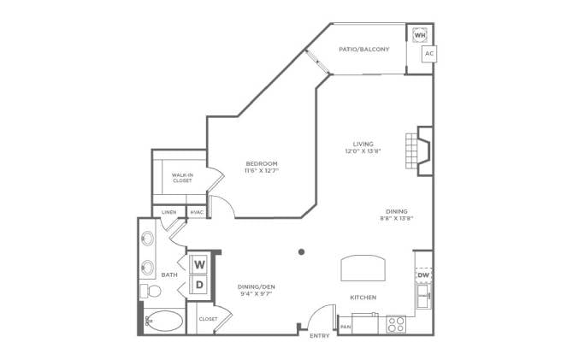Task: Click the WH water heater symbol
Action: tap(420, 35)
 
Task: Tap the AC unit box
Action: tap(429, 54)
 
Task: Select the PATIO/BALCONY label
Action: tap(364, 49)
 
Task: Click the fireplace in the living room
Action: tap(419, 151)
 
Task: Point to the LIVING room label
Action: tap(363, 144)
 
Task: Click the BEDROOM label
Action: tap(262, 163)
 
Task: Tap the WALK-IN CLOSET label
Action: tap(182, 178)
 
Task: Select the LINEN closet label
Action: tap(168, 212)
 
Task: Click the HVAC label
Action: tap(197, 212)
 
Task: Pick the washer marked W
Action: tap(199, 264)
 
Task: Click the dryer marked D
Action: tap(199, 285)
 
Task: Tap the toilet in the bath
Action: tap(151, 291)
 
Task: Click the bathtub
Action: tap(164, 322)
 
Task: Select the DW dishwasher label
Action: tap(423, 274)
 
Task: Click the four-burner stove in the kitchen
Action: tap(396, 324)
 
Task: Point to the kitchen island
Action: tap(363, 268)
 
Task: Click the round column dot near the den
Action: tap(302, 251)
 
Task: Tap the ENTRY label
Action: tap(319, 335)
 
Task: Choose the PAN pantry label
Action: tap(346, 327)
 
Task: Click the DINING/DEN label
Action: tap(257, 287)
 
